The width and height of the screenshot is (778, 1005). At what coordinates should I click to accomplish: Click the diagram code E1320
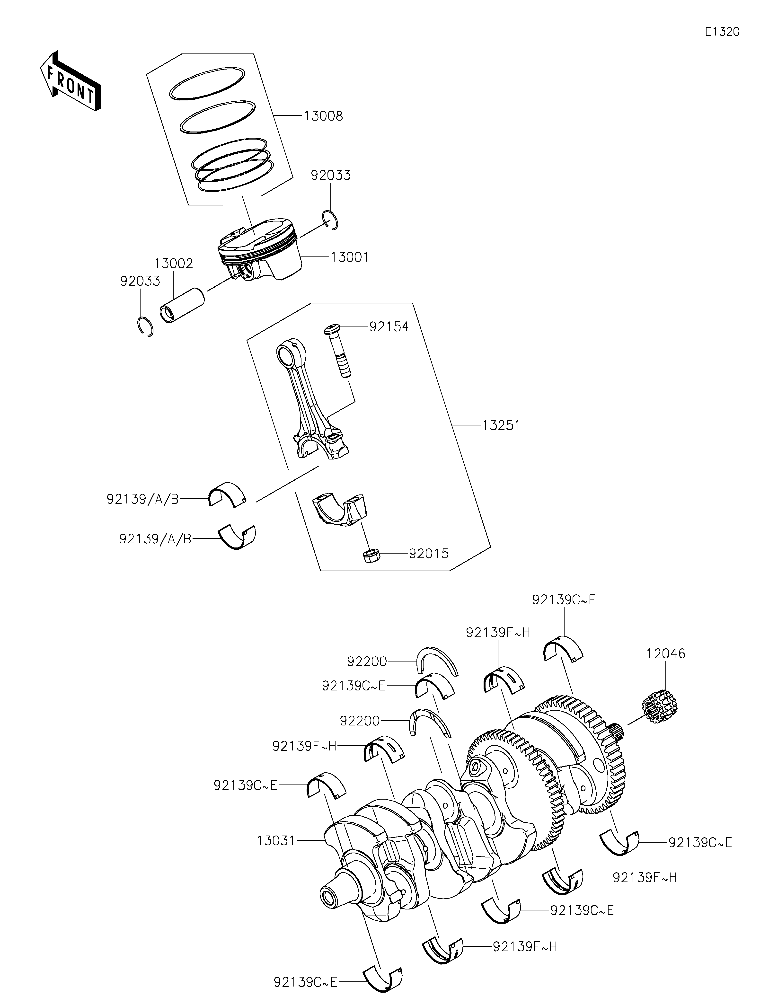tap(722, 32)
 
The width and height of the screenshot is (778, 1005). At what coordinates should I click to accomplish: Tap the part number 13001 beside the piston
tap(350, 257)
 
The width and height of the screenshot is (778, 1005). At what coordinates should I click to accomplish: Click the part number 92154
tap(389, 327)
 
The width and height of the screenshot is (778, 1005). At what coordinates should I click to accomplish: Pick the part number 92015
tap(429, 554)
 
